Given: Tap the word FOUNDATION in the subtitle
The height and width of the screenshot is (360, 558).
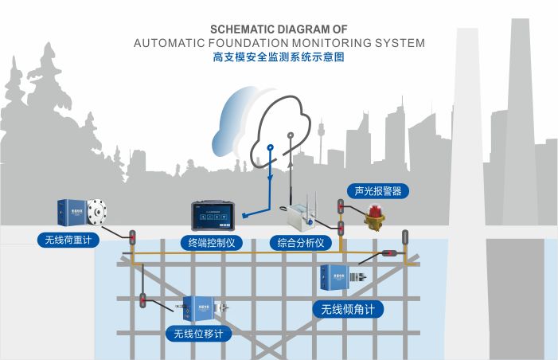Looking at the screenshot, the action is point(248,43).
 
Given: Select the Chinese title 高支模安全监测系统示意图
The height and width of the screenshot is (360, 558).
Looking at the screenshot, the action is point(279,57).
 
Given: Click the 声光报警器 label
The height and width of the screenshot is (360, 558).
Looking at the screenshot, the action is point(378,191).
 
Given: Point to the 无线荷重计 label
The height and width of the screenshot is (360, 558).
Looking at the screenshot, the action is point(68,240).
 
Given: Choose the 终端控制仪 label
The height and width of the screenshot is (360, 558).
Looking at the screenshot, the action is point(212,243).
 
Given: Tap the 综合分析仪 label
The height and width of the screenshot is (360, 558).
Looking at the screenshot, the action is point(301,243).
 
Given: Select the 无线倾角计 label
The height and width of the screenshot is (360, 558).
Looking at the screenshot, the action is point(348,309).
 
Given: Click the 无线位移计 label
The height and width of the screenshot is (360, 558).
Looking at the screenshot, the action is point(198,334).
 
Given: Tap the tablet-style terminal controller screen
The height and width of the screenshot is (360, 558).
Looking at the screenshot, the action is point(213,216).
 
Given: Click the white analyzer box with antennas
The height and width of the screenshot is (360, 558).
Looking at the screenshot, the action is point(301,217).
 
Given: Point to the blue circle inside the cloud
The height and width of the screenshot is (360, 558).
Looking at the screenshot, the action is point(271,147).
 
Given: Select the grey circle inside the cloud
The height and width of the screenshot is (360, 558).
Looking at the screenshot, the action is point(291,135).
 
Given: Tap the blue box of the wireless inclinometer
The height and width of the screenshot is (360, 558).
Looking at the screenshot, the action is point(334,277).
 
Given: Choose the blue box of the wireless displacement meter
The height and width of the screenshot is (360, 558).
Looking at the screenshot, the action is point(198,308).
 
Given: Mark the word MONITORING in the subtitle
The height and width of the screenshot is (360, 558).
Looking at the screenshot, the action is point(332,43).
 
